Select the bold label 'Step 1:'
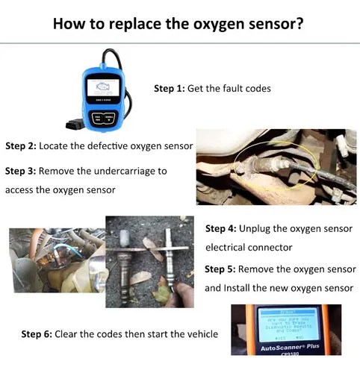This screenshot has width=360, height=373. pyautogui.click(x=170, y=88)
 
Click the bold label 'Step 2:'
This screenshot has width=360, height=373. pyautogui.click(x=20, y=145)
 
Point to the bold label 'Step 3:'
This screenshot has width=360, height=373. pyautogui.click(x=20, y=171)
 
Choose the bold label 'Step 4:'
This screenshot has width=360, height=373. pyautogui.click(x=220, y=228)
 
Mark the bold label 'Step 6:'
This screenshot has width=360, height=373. pyautogui.click(x=36, y=334)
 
